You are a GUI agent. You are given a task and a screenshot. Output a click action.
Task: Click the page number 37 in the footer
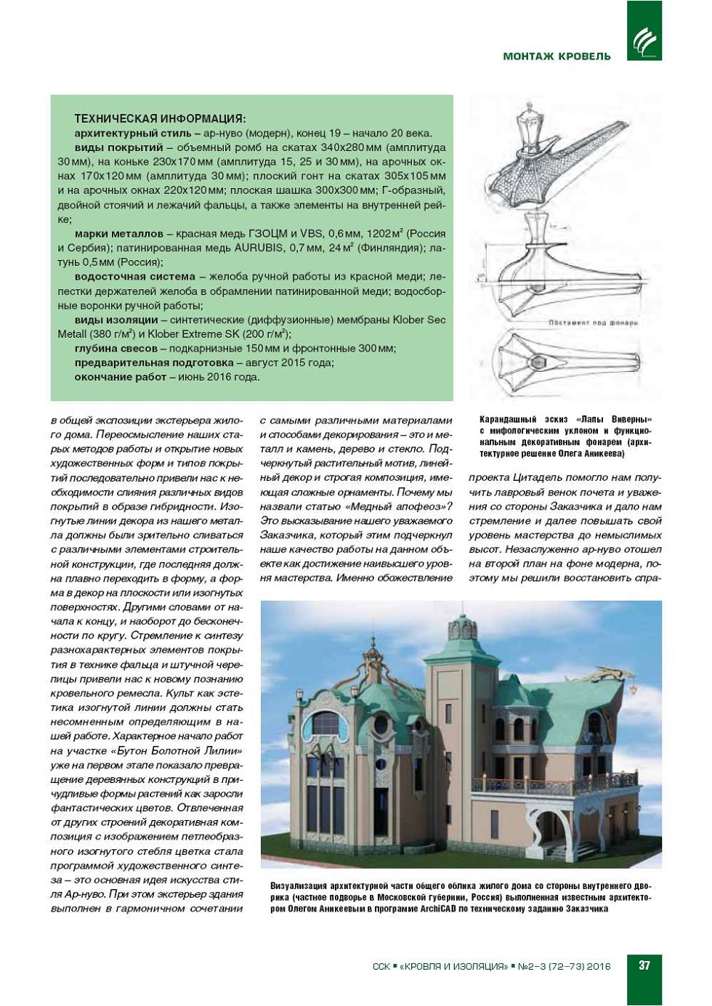pyautogui.click(x=644, y=965)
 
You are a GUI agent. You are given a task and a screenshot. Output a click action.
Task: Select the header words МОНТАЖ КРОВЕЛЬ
pyautogui.click(x=557, y=56)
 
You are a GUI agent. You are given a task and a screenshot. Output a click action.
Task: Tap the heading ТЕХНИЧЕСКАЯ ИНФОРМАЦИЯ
pyautogui.click(x=160, y=118)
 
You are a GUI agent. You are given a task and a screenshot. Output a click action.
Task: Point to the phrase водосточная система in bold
pyautogui.click(x=135, y=277)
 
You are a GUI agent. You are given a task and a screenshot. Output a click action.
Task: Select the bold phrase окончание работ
pyautogui.click(x=121, y=377)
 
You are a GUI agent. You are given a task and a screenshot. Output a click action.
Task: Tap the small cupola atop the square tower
pyautogui.click(x=462, y=625)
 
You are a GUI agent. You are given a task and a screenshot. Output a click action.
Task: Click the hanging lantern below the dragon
pyautogui.click(x=634, y=687)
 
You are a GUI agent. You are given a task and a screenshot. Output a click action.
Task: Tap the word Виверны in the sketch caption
pyautogui.click(x=631, y=419)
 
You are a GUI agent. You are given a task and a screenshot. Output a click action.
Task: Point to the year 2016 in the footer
pyautogui.click(x=599, y=966)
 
